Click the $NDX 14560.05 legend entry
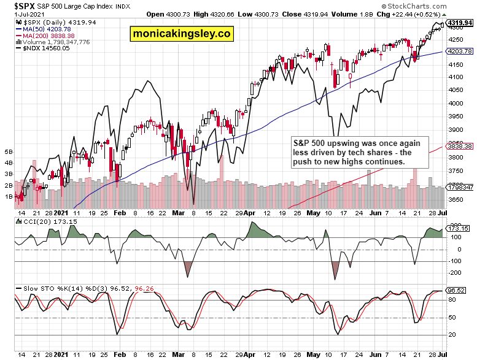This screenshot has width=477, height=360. click(x=40, y=49)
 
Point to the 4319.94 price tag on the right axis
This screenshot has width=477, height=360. click(x=459, y=23)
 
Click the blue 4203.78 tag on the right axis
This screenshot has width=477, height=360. click(x=459, y=52)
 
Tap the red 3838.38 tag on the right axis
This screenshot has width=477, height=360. click(x=459, y=147)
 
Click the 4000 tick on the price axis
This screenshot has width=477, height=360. click(x=456, y=104)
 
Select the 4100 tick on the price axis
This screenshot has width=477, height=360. click(x=456, y=77)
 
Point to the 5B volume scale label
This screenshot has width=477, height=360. click(x=9, y=151)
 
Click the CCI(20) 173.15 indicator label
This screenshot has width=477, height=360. click(x=38, y=221)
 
